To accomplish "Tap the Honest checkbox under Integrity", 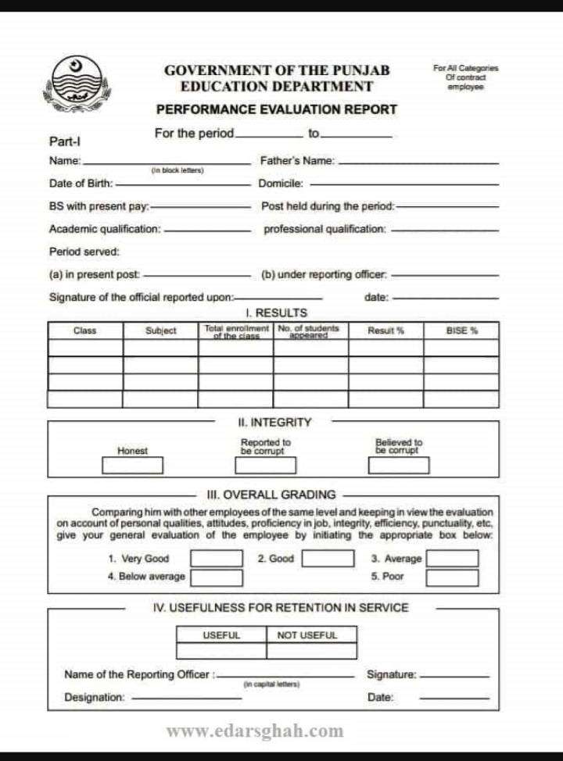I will pos(132,466).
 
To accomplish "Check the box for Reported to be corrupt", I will pos(266,466).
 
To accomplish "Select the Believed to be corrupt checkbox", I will pos(399,466).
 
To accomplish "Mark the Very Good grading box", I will pos(217,559).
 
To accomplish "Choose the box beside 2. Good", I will pos(328,559).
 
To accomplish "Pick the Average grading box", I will pos(451,559).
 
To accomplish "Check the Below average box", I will pos(217,577).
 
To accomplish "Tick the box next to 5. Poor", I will pos(451,577).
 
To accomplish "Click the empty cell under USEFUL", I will pos(221,650).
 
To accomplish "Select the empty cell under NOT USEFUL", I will pos(311,650).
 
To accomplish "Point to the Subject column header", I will pos(161,330).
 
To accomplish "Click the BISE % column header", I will pos(461,330).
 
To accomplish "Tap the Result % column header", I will pos(386,330).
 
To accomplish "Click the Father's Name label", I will pos(298,161).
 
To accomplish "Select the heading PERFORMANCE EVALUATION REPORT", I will pos(277,110).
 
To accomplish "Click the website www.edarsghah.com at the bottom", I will pos(255,731).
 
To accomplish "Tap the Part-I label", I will pos(65,141).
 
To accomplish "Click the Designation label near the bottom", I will pos(95,697).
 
